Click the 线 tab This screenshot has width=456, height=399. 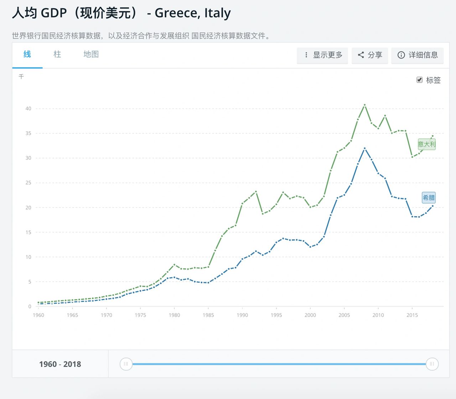pyautogui.click(x=27, y=55)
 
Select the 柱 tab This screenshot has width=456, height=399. pyautogui.click(x=57, y=55)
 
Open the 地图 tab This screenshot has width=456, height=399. pyautogui.click(x=91, y=55)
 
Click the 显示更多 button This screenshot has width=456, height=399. pyautogui.click(x=322, y=55)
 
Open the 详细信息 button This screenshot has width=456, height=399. pyautogui.click(x=417, y=55)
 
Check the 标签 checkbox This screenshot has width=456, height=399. pyautogui.click(x=420, y=80)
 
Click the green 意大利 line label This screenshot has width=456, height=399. pyautogui.click(x=426, y=144)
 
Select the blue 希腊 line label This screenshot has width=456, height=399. pyautogui.click(x=429, y=198)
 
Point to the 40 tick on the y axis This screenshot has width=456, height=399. pyautogui.click(x=28, y=108)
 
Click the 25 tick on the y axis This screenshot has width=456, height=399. pyautogui.click(x=28, y=183)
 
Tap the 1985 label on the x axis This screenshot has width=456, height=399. pyautogui.click(x=208, y=315)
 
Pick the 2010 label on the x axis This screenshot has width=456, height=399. pyautogui.click(x=378, y=315)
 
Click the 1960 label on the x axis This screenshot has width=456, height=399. pyautogui.click(x=38, y=315)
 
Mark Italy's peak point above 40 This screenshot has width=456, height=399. pyautogui.click(x=365, y=105)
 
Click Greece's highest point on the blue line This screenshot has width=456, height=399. pyautogui.click(x=365, y=148)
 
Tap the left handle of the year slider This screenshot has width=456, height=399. pyautogui.click(x=126, y=364)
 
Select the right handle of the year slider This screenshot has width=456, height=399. pyautogui.click(x=432, y=364)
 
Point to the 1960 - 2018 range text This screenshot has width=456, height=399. pyautogui.click(x=60, y=364)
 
